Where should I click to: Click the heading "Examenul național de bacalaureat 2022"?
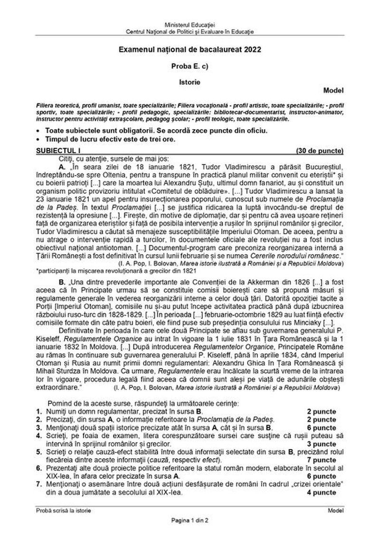coord(190,49)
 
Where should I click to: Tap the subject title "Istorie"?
coord(190,81)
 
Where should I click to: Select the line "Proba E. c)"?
coord(190,65)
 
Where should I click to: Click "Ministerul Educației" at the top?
coord(190,24)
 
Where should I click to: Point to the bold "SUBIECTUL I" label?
coord(55,151)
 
